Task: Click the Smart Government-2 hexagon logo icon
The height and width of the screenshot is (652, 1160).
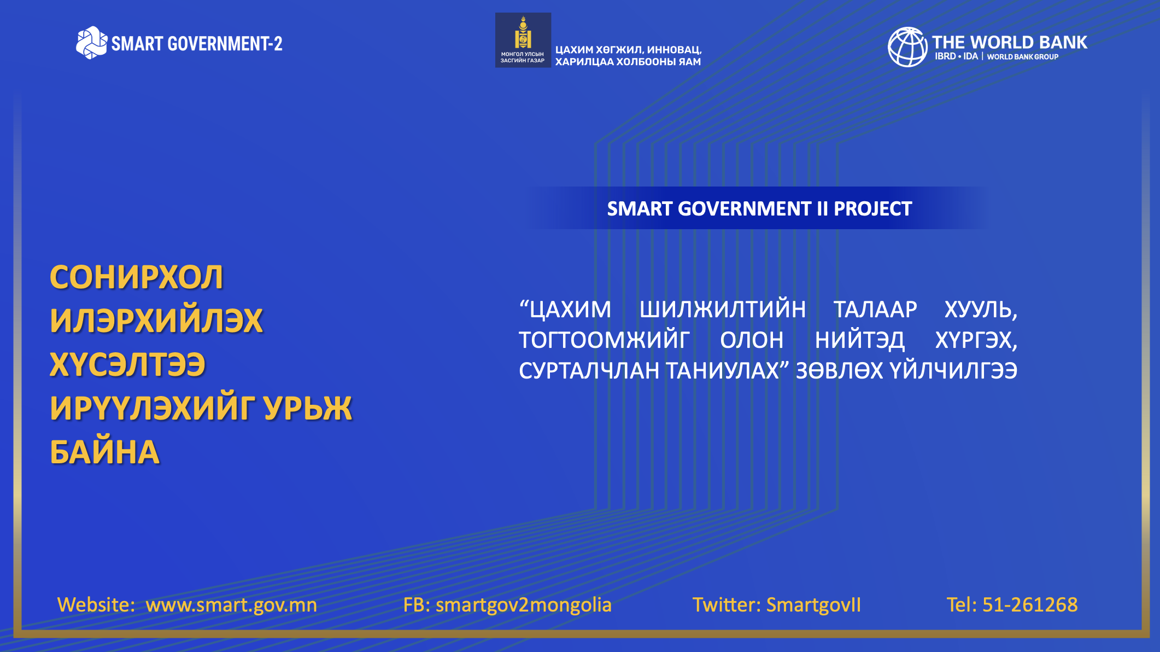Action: pyautogui.click(x=91, y=43)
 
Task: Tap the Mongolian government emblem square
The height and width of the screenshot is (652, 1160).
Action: pyautogui.click(x=523, y=40)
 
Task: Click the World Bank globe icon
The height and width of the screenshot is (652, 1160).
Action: pyautogui.click(x=907, y=47)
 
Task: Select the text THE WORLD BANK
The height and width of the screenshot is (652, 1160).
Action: pyautogui.click(x=1010, y=42)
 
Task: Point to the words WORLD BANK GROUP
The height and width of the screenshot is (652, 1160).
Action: pyautogui.click(x=1023, y=57)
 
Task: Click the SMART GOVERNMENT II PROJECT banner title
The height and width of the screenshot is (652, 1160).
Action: pyautogui.click(x=759, y=208)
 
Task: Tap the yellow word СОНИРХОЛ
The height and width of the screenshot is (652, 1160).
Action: pyautogui.click(x=137, y=277)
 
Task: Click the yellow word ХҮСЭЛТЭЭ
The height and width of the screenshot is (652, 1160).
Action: pyautogui.click(x=127, y=364)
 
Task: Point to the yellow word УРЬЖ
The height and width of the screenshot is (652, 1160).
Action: pyautogui.click(x=308, y=408)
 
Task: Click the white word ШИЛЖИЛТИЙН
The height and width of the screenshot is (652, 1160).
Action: pyautogui.click(x=723, y=310)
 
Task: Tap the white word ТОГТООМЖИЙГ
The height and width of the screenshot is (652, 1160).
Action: pyautogui.click(x=604, y=340)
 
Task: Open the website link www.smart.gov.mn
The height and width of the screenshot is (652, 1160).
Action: pyautogui.click(x=231, y=605)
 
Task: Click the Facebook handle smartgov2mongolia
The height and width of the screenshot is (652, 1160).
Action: pyautogui.click(x=524, y=605)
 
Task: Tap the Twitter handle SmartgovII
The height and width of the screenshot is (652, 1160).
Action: pyautogui.click(x=813, y=605)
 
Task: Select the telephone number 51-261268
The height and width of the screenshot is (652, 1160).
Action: pyautogui.click(x=1030, y=604)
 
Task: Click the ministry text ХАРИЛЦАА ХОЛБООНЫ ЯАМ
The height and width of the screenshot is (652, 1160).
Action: pyautogui.click(x=628, y=62)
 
